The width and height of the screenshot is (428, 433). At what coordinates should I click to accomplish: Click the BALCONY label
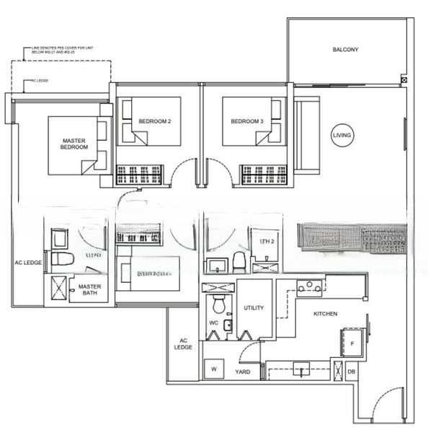click(347, 50)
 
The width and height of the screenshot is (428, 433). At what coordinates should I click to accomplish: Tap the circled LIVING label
click(342, 136)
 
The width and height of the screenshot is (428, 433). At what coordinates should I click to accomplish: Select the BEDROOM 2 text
click(154, 121)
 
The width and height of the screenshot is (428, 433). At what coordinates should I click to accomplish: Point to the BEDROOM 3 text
click(247, 121)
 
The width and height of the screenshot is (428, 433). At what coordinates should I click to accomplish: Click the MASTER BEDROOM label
click(75, 144)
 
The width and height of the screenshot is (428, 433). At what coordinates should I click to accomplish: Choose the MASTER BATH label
click(90, 290)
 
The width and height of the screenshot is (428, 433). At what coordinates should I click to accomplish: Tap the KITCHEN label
click(325, 314)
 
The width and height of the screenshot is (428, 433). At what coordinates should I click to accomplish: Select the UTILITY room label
click(254, 308)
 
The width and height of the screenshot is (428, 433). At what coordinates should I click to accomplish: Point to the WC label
click(213, 322)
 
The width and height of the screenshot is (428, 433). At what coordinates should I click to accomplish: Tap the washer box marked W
click(214, 369)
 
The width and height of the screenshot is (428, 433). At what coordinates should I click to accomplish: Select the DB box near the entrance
click(351, 372)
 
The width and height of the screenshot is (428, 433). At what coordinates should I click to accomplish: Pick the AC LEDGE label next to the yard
click(183, 344)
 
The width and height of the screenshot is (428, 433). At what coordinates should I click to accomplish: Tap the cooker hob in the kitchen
click(309, 287)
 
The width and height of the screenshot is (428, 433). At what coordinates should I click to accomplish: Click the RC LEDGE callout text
click(39, 81)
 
